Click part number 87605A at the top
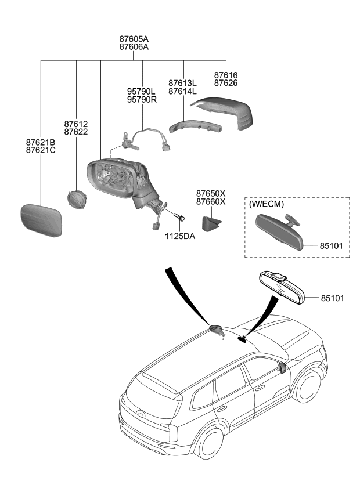tap(134, 39)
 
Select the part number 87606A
tap(134, 47)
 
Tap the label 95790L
tap(142, 92)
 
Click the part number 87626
tap(226, 84)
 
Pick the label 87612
tap(76, 124)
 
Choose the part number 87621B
tap(40, 142)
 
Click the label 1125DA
tap(181, 237)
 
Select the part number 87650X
tap(210, 193)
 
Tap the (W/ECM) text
tap(267, 205)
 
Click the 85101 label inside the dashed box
tap(331, 246)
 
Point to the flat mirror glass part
tap(41, 220)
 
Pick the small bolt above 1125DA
tap(179, 216)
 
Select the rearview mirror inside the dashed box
tap(280, 231)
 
